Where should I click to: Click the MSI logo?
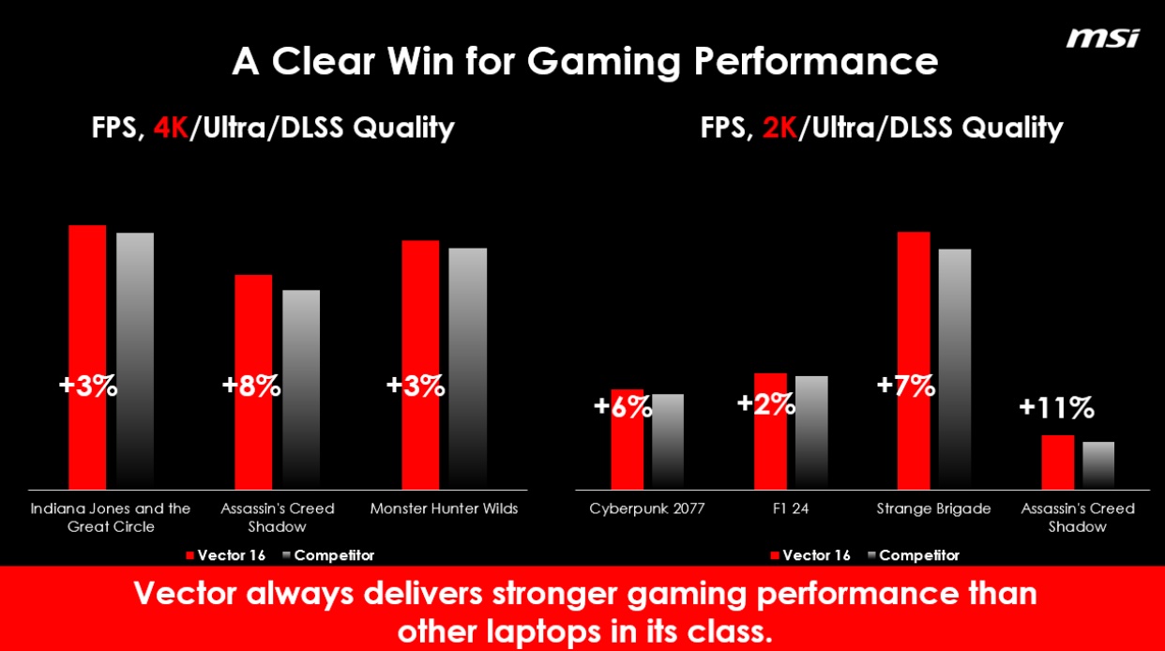coord(1102,38)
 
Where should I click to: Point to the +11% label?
coord(1056,407)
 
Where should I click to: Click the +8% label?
coord(251,386)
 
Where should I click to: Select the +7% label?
coord(905,386)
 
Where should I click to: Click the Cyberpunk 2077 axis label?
coord(647,508)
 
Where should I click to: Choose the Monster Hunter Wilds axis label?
coord(444,508)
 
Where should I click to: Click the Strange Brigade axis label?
coord(933,508)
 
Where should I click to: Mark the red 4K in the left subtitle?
coord(171,128)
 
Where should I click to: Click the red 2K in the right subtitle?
coord(779,128)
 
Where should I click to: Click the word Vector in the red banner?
coord(190,594)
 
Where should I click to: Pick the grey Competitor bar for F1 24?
coord(811,432)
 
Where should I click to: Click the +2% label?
coord(766,403)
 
